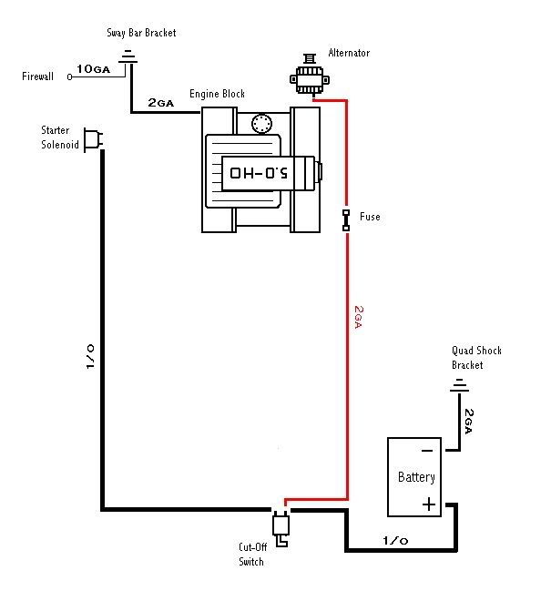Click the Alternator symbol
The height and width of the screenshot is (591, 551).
[x=310, y=75]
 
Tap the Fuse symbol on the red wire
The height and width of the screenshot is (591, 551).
[x=346, y=220]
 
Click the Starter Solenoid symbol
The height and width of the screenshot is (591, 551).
[x=93, y=140]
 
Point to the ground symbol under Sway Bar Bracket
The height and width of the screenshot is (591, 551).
[x=128, y=56]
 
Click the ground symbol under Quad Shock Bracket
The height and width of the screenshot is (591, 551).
[x=459, y=385]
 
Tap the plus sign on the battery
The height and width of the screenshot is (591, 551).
[x=429, y=504]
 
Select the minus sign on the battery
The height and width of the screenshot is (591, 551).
[x=426, y=451]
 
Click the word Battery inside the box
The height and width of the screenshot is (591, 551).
[x=416, y=477]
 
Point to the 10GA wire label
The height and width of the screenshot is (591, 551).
[x=94, y=69]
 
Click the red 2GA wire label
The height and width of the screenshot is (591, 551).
[x=359, y=317]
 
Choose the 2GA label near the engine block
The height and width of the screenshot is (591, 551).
[x=161, y=103]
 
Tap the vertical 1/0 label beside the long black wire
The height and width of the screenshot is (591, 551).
[x=89, y=356]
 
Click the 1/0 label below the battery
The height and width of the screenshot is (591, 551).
[x=395, y=541]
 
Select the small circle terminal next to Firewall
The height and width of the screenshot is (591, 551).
[x=69, y=76]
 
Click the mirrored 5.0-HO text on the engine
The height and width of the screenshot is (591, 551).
[x=259, y=173]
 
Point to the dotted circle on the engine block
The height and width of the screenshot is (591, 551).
[x=261, y=123]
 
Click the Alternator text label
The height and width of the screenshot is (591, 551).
[x=349, y=53]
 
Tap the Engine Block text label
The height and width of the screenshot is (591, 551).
[x=217, y=94]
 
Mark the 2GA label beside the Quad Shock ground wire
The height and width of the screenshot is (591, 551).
[x=469, y=421]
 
